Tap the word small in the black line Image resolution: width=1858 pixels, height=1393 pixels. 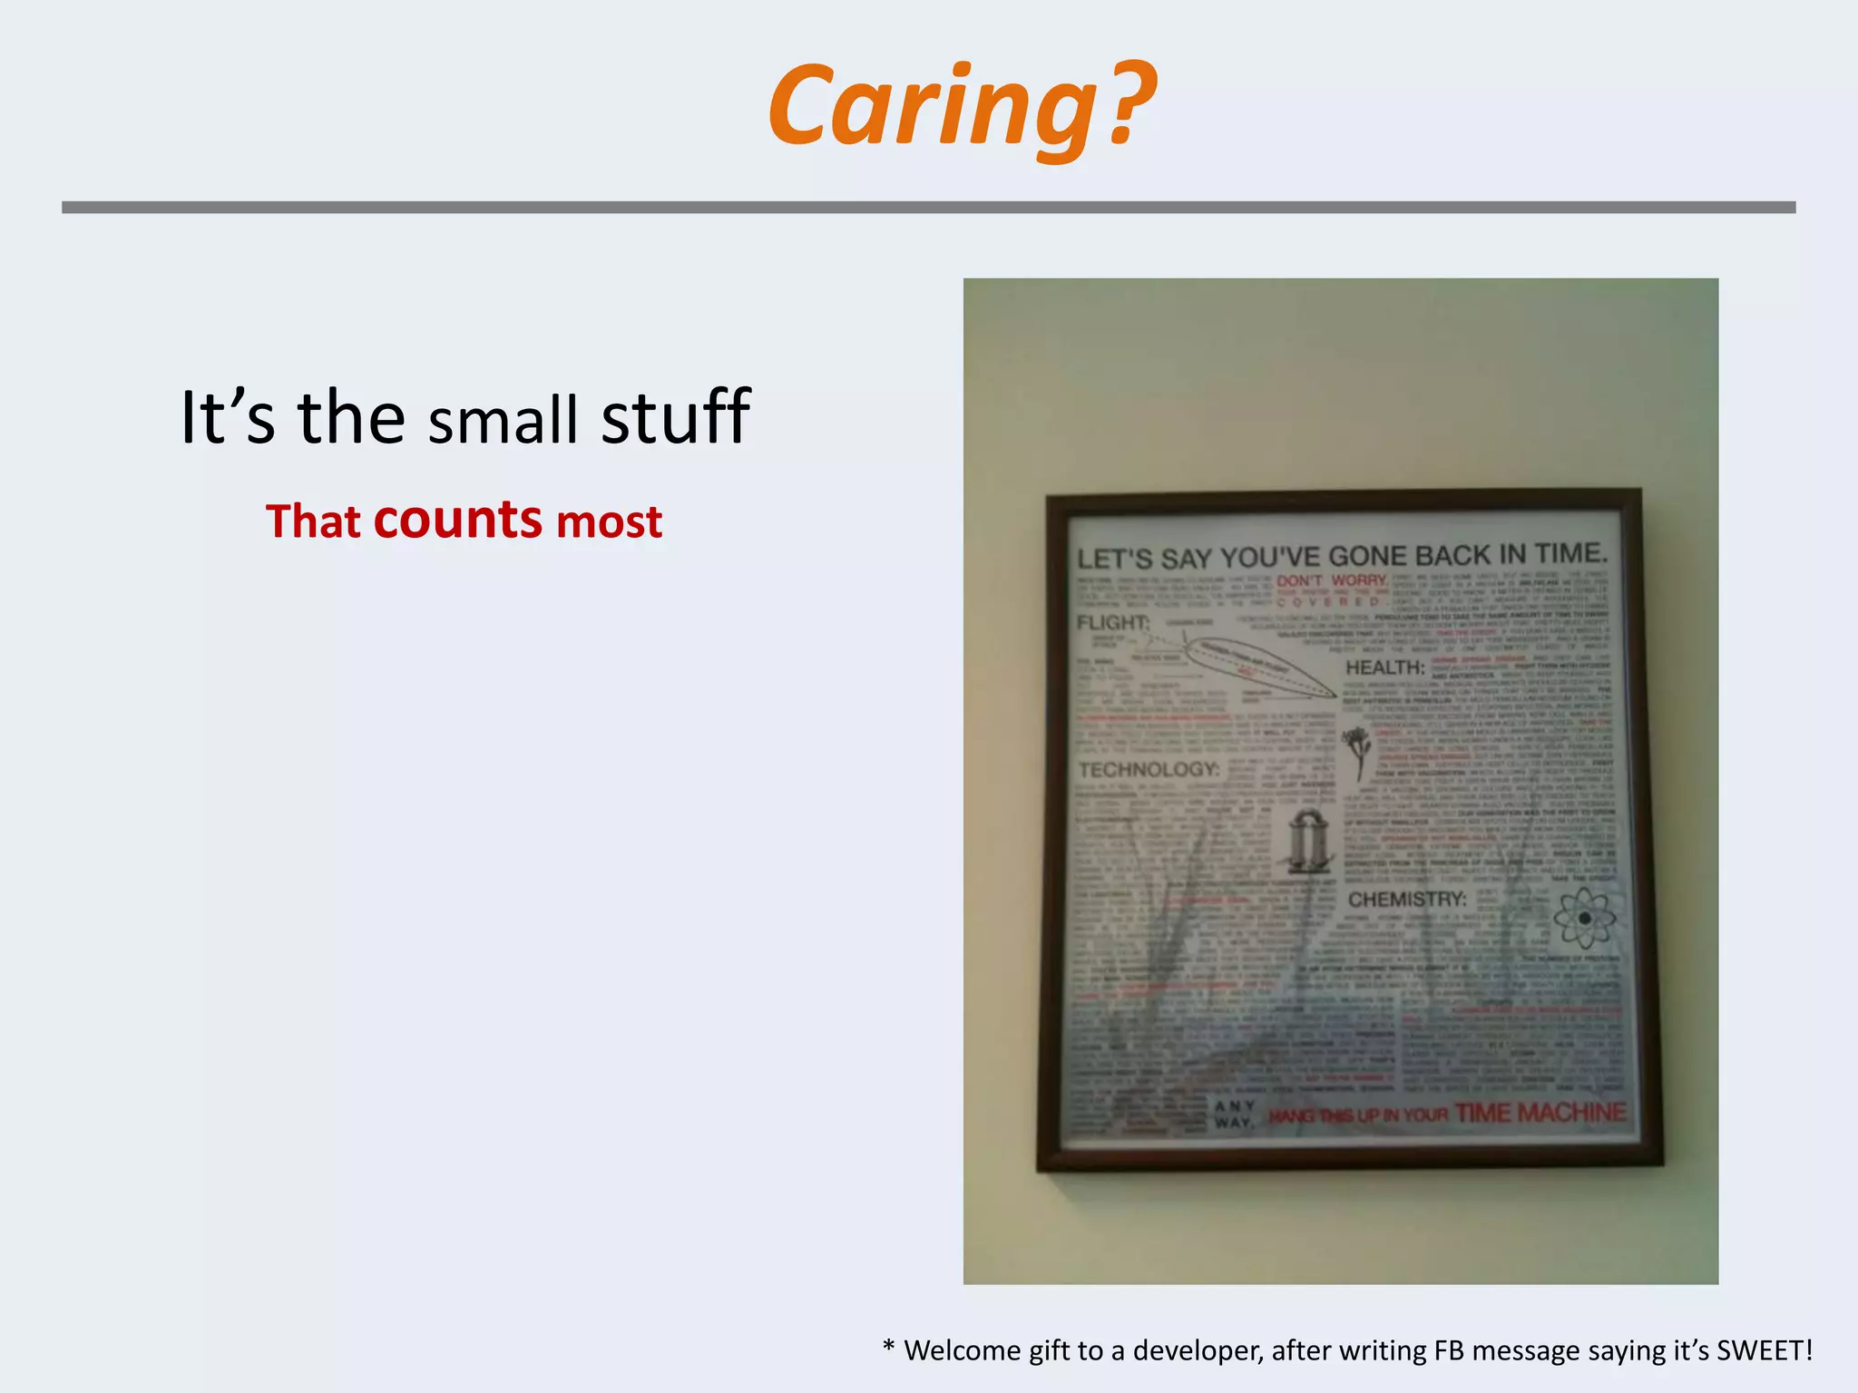[x=503, y=420]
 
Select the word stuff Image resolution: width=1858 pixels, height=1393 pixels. [x=675, y=416]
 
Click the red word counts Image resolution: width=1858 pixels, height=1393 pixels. [x=457, y=520]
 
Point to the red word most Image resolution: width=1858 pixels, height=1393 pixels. [x=609, y=522]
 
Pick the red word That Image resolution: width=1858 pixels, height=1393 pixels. [x=313, y=522]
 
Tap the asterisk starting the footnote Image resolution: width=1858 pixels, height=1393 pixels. [x=888, y=1348]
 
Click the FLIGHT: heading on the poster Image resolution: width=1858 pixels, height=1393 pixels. [x=1112, y=623]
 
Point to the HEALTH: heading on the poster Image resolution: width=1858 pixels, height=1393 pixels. [x=1385, y=667]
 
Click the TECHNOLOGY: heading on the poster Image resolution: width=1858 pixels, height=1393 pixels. [x=1149, y=770]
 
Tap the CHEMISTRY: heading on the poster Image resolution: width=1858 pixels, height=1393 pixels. [x=1407, y=900]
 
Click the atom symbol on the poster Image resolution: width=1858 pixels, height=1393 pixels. [x=1584, y=918]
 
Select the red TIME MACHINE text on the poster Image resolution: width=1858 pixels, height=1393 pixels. [x=1540, y=1113]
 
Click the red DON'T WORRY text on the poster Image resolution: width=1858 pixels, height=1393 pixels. [x=1332, y=580]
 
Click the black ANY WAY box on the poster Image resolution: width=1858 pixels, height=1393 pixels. [x=1235, y=1115]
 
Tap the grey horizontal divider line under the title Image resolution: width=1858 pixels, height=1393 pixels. [x=928, y=208]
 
